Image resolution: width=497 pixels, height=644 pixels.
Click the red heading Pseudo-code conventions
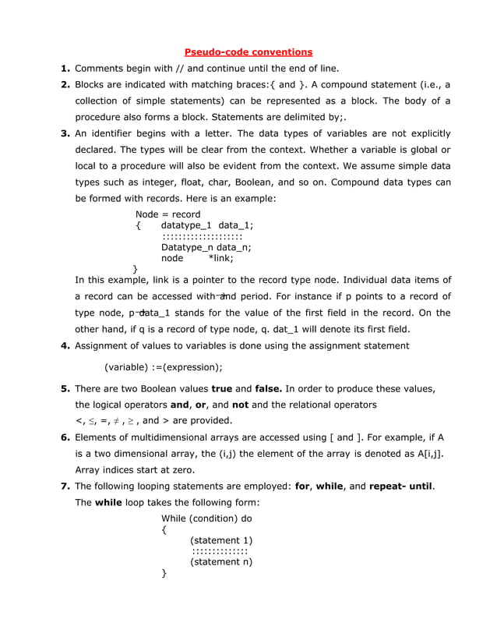(248, 52)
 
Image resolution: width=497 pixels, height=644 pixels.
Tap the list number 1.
(66, 69)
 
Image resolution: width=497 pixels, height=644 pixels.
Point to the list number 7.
(66, 487)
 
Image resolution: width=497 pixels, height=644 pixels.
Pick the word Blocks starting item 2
(92, 85)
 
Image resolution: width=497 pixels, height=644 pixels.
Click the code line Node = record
(167, 214)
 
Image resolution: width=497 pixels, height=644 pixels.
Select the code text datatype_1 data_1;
(207, 225)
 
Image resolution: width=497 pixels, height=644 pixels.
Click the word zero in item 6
(176, 470)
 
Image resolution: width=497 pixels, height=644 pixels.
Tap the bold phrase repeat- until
(395, 487)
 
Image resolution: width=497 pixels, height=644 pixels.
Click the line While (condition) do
(206, 518)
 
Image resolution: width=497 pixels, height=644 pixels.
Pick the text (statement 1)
(221, 540)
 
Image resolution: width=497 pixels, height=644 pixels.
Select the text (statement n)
(221, 561)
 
